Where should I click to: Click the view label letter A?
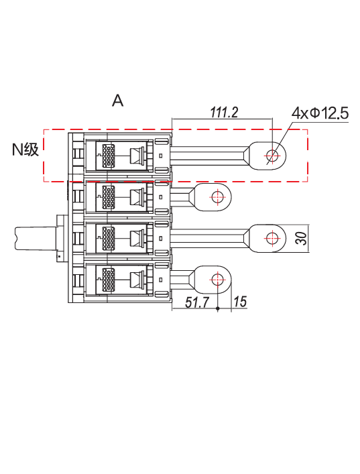117,101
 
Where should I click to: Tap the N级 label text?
25,149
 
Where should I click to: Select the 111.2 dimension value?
224,112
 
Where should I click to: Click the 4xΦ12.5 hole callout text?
320,113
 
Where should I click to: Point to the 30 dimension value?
302,238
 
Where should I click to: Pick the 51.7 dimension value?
197,302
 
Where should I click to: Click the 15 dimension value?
240,302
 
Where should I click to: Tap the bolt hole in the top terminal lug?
272,156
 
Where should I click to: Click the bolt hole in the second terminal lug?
217,197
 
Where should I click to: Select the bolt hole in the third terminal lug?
272,238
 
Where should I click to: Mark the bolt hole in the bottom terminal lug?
217,280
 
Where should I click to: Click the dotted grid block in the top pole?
109,156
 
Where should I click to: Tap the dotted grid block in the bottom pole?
109,280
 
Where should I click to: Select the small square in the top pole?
161,156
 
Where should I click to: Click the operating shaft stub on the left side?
36,239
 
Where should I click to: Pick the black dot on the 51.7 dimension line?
217,308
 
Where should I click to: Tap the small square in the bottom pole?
161,280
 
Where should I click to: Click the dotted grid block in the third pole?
109,238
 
